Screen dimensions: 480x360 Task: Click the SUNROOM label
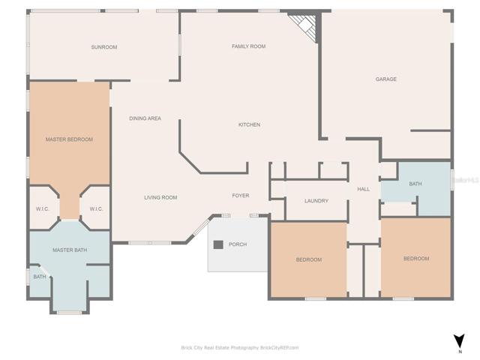(x=104, y=47)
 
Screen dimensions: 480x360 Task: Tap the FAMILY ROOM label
(x=248, y=46)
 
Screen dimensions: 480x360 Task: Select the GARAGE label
(x=386, y=79)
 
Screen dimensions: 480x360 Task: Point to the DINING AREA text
(x=145, y=118)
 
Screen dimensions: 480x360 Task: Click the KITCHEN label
(x=250, y=124)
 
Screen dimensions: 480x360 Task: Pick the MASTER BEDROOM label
(x=69, y=139)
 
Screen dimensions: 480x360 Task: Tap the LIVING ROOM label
(x=160, y=197)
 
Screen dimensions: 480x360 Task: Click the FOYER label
(x=241, y=195)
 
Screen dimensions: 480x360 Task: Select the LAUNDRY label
(x=316, y=201)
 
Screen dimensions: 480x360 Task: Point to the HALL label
(x=364, y=189)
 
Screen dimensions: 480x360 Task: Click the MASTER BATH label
(x=70, y=250)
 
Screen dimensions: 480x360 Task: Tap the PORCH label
(x=238, y=244)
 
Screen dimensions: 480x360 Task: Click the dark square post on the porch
(x=218, y=244)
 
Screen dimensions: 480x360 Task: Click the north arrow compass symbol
(x=459, y=341)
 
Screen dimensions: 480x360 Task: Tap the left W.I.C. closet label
(x=42, y=209)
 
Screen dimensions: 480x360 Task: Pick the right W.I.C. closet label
(x=96, y=209)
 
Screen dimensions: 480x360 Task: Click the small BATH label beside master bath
(x=40, y=277)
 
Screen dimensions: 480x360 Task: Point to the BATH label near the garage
(x=415, y=184)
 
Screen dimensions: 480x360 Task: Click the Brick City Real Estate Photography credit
(x=240, y=347)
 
